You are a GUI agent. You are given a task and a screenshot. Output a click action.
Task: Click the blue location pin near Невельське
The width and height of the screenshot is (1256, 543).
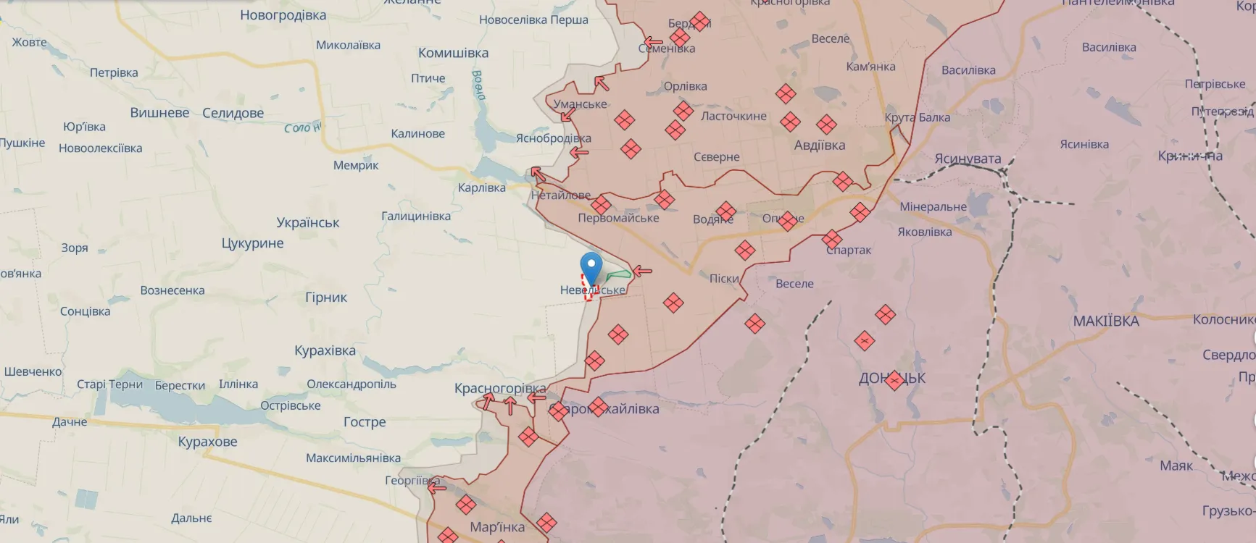pyautogui.click(x=591, y=269)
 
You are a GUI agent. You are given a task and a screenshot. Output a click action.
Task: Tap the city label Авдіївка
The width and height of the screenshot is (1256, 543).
pyautogui.click(x=819, y=146)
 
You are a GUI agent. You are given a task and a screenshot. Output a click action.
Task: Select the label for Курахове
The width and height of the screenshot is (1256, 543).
pyautogui.click(x=207, y=442)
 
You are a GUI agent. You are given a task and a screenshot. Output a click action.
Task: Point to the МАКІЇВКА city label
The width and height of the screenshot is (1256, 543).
pyautogui.click(x=1105, y=321)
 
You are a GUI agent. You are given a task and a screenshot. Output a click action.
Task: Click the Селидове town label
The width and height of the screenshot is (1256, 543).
pyautogui.click(x=233, y=113)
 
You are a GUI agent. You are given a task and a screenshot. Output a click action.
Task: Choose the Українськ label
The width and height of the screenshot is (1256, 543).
pyautogui.click(x=307, y=222)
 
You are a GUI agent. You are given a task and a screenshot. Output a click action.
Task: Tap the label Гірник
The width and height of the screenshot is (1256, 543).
pyautogui.click(x=326, y=297)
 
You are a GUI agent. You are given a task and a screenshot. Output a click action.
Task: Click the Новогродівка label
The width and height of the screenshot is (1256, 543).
pyautogui.click(x=283, y=15)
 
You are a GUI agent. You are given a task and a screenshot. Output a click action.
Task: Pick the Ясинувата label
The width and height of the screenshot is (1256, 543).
pyautogui.click(x=967, y=159)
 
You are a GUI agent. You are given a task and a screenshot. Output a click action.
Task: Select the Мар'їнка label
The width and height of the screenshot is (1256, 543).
pyautogui.click(x=496, y=527)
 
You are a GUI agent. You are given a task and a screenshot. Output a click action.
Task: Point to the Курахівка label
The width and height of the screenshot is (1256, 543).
pyautogui.click(x=325, y=350)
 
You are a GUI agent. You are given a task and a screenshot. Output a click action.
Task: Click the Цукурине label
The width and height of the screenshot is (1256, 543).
pyautogui.click(x=252, y=243)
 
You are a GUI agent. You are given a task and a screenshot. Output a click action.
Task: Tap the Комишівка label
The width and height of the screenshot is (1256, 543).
pyautogui.click(x=453, y=53)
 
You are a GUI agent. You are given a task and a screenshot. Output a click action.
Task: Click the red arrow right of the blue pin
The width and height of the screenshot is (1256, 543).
pyautogui.click(x=642, y=271)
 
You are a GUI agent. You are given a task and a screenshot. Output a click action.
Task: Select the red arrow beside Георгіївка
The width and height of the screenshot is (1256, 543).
pyautogui.click(x=437, y=488)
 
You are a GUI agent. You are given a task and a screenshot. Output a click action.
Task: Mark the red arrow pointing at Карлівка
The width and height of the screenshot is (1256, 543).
pyautogui.click(x=537, y=173)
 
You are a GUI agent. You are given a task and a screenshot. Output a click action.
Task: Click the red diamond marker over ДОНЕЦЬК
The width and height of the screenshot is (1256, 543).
pyautogui.click(x=894, y=380)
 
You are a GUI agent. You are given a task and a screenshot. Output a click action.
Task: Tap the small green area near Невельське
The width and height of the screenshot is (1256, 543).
pyautogui.click(x=618, y=274)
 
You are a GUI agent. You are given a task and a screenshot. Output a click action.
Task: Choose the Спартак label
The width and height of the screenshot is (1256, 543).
pyautogui.click(x=849, y=250)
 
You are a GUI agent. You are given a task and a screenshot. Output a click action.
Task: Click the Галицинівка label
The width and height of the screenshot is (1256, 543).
pyautogui.click(x=415, y=216)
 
